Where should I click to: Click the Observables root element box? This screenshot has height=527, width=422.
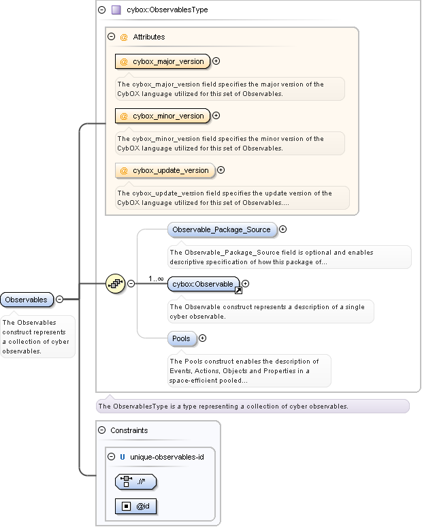point(27,299)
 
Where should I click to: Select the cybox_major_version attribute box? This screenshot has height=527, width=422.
point(163,61)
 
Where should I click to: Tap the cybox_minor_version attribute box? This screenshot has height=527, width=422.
point(163,116)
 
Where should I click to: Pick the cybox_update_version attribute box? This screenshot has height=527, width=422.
point(165,170)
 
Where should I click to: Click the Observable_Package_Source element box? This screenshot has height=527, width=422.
point(223,230)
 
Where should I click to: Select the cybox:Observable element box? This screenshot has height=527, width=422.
point(204,284)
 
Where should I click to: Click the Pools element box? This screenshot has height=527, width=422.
point(182,338)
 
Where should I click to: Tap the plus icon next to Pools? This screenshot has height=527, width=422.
point(202,338)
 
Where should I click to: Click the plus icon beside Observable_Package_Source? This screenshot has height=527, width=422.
point(283,229)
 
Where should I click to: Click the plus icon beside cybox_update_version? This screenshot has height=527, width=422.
point(221,170)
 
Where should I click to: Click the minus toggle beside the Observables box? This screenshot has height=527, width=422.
point(59,299)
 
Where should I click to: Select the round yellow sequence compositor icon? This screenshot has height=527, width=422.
point(115,283)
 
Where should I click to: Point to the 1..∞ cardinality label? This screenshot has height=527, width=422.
point(156,278)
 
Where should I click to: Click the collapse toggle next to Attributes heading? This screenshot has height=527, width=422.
point(112,37)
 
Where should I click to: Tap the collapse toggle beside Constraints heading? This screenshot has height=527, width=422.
point(102,430)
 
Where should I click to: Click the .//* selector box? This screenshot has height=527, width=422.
point(136,482)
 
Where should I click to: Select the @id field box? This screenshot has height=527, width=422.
point(136,506)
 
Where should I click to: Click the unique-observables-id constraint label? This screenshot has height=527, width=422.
point(167,457)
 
